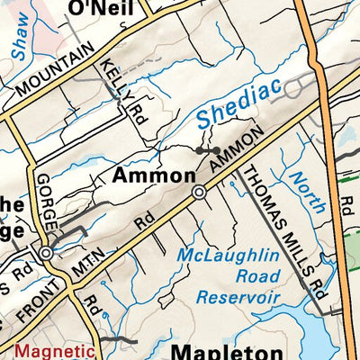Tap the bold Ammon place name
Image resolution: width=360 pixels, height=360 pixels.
point(153,175)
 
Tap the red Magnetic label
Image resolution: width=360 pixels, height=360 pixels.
point(55,351)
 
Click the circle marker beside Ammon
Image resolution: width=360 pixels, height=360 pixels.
point(199,193)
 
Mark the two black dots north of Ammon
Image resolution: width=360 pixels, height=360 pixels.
point(209,149)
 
